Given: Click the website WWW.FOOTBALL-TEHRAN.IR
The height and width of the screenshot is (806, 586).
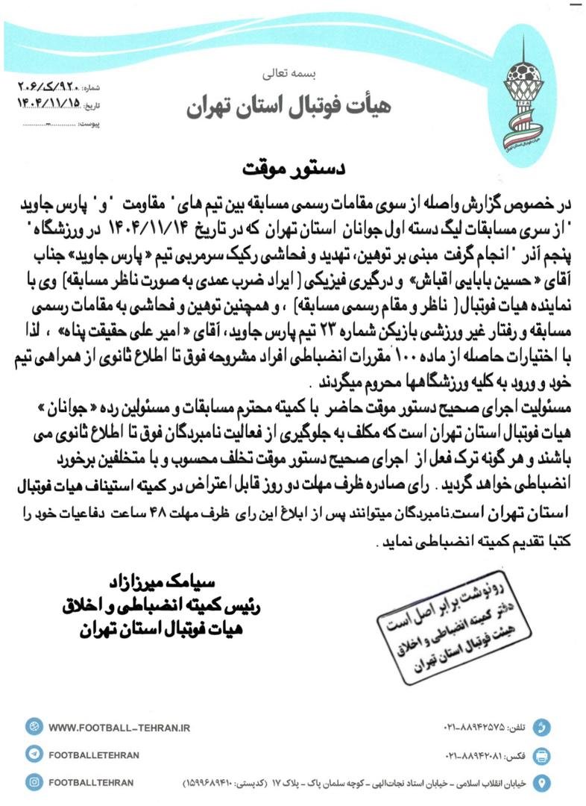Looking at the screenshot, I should (x=119, y=726).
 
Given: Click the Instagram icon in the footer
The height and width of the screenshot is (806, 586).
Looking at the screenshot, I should (x=34, y=782).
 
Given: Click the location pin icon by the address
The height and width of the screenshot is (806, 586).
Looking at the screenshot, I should (x=543, y=783).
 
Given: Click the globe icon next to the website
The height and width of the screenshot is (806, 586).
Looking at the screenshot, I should (x=34, y=726).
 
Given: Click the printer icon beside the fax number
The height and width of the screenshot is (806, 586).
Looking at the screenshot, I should (x=543, y=755).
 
